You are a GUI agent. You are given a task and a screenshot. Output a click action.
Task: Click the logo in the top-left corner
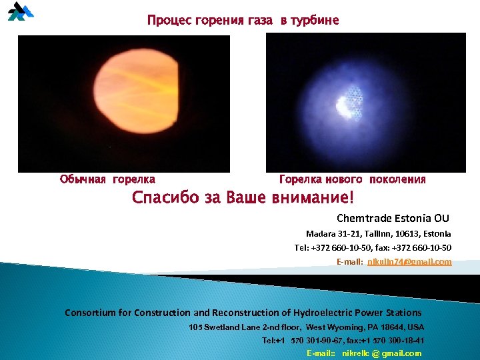pyautogui.click(x=20, y=12)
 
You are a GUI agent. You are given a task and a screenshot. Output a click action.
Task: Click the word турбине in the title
pyautogui.click(x=315, y=21)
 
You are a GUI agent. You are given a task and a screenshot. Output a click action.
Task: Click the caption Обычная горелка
pyautogui.click(x=107, y=179)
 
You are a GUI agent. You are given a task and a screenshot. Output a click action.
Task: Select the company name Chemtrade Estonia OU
pyautogui.click(x=393, y=219)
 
